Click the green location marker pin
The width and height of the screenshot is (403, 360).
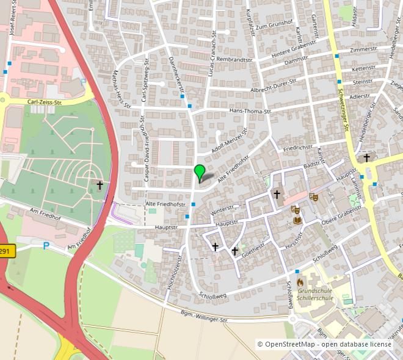tap(199, 171)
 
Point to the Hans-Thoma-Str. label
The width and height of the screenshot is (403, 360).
tap(250, 111)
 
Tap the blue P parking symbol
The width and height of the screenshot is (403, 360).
tap(45, 246)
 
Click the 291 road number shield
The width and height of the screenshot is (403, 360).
tap(5, 251)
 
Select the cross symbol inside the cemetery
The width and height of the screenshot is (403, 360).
tap(100, 184)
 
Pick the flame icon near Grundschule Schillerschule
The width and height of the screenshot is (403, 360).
tap(300, 282)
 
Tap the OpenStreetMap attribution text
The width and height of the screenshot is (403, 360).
tap(324, 344)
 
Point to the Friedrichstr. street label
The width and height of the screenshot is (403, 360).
tap(298, 148)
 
